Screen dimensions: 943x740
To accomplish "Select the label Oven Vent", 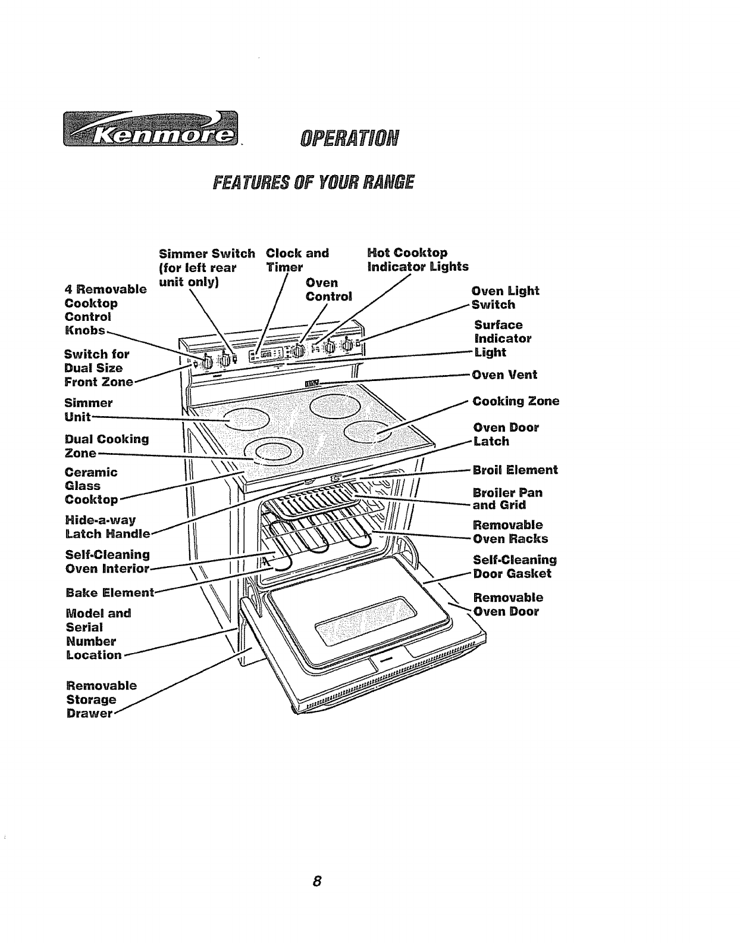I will pyautogui.click(x=504, y=374).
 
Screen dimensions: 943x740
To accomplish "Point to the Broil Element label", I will pyautogui.click(x=515, y=470).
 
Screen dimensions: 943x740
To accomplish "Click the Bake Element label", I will pyautogui.click(x=110, y=592).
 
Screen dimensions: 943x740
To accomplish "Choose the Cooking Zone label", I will pyautogui.click(x=516, y=401).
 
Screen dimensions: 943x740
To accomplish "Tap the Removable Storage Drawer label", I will pyautogui.click(x=101, y=699).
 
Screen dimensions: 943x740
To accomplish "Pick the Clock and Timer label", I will pyautogui.click(x=297, y=260).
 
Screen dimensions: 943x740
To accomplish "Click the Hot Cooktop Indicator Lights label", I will pyautogui.click(x=418, y=260).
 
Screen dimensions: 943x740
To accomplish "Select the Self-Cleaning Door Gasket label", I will pyautogui.click(x=515, y=567).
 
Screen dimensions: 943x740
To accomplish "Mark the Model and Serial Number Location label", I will pyautogui.click(x=98, y=634).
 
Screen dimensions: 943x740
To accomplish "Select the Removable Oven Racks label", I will pyautogui.click(x=510, y=532).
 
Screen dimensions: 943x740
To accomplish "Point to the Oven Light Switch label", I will pyautogui.click(x=504, y=298).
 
